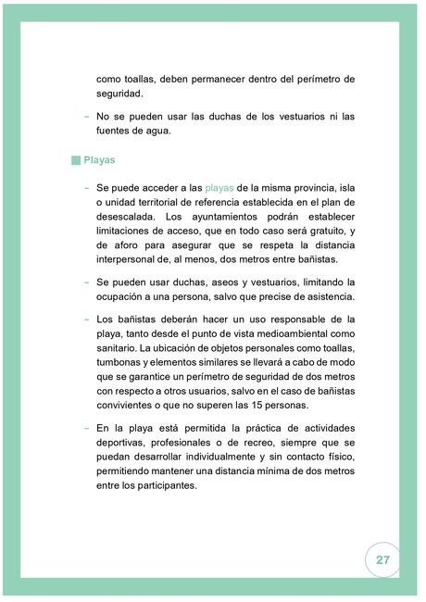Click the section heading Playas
pyautogui.click(x=99, y=159)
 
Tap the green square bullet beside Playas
pyautogui.click(x=76, y=159)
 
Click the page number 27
pyautogui.click(x=382, y=560)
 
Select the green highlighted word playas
pyautogui.click(x=219, y=188)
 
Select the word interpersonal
pyautogui.click(x=130, y=259)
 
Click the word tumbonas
pyautogui.click(x=125, y=362)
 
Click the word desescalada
pyautogui.click(x=130, y=217)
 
